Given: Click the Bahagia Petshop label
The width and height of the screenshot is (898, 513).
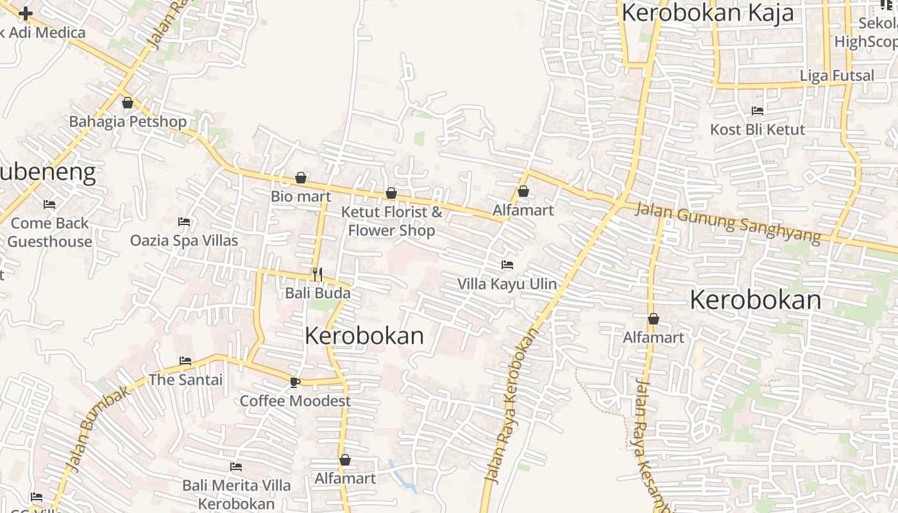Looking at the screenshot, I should click(128, 121).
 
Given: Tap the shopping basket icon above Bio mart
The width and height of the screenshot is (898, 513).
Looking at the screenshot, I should click(300, 178).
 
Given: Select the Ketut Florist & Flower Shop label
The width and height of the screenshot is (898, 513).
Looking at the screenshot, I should click(391, 221).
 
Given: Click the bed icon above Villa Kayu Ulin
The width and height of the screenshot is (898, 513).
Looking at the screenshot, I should click(507, 264).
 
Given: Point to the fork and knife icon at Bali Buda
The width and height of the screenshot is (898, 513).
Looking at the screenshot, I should click(318, 274).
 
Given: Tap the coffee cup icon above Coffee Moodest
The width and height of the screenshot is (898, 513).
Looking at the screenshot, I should click(294, 382).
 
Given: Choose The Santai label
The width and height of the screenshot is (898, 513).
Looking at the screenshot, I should click(185, 380).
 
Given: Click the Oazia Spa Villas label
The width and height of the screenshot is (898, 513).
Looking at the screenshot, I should click(184, 240).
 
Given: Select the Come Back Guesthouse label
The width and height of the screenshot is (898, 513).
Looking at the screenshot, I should click(49, 232).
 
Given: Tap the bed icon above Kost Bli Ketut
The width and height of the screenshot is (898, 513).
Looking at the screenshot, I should click(757, 110).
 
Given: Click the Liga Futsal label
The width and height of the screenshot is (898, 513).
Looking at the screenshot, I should click(836, 76).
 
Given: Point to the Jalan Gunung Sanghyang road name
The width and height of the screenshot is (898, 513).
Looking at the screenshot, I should click(727, 223).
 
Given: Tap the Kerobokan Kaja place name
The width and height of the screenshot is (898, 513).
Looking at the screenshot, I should click(707, 13).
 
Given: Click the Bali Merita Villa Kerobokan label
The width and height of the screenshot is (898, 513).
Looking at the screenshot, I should click(236, 494).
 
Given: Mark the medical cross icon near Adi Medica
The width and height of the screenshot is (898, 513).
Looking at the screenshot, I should click(26, 13).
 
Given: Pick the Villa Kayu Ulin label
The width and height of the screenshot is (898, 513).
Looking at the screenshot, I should click(507, 283).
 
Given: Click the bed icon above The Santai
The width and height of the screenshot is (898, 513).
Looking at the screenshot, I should click(185, 361).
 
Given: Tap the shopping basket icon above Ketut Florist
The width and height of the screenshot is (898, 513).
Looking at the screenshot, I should click(391, 193).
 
